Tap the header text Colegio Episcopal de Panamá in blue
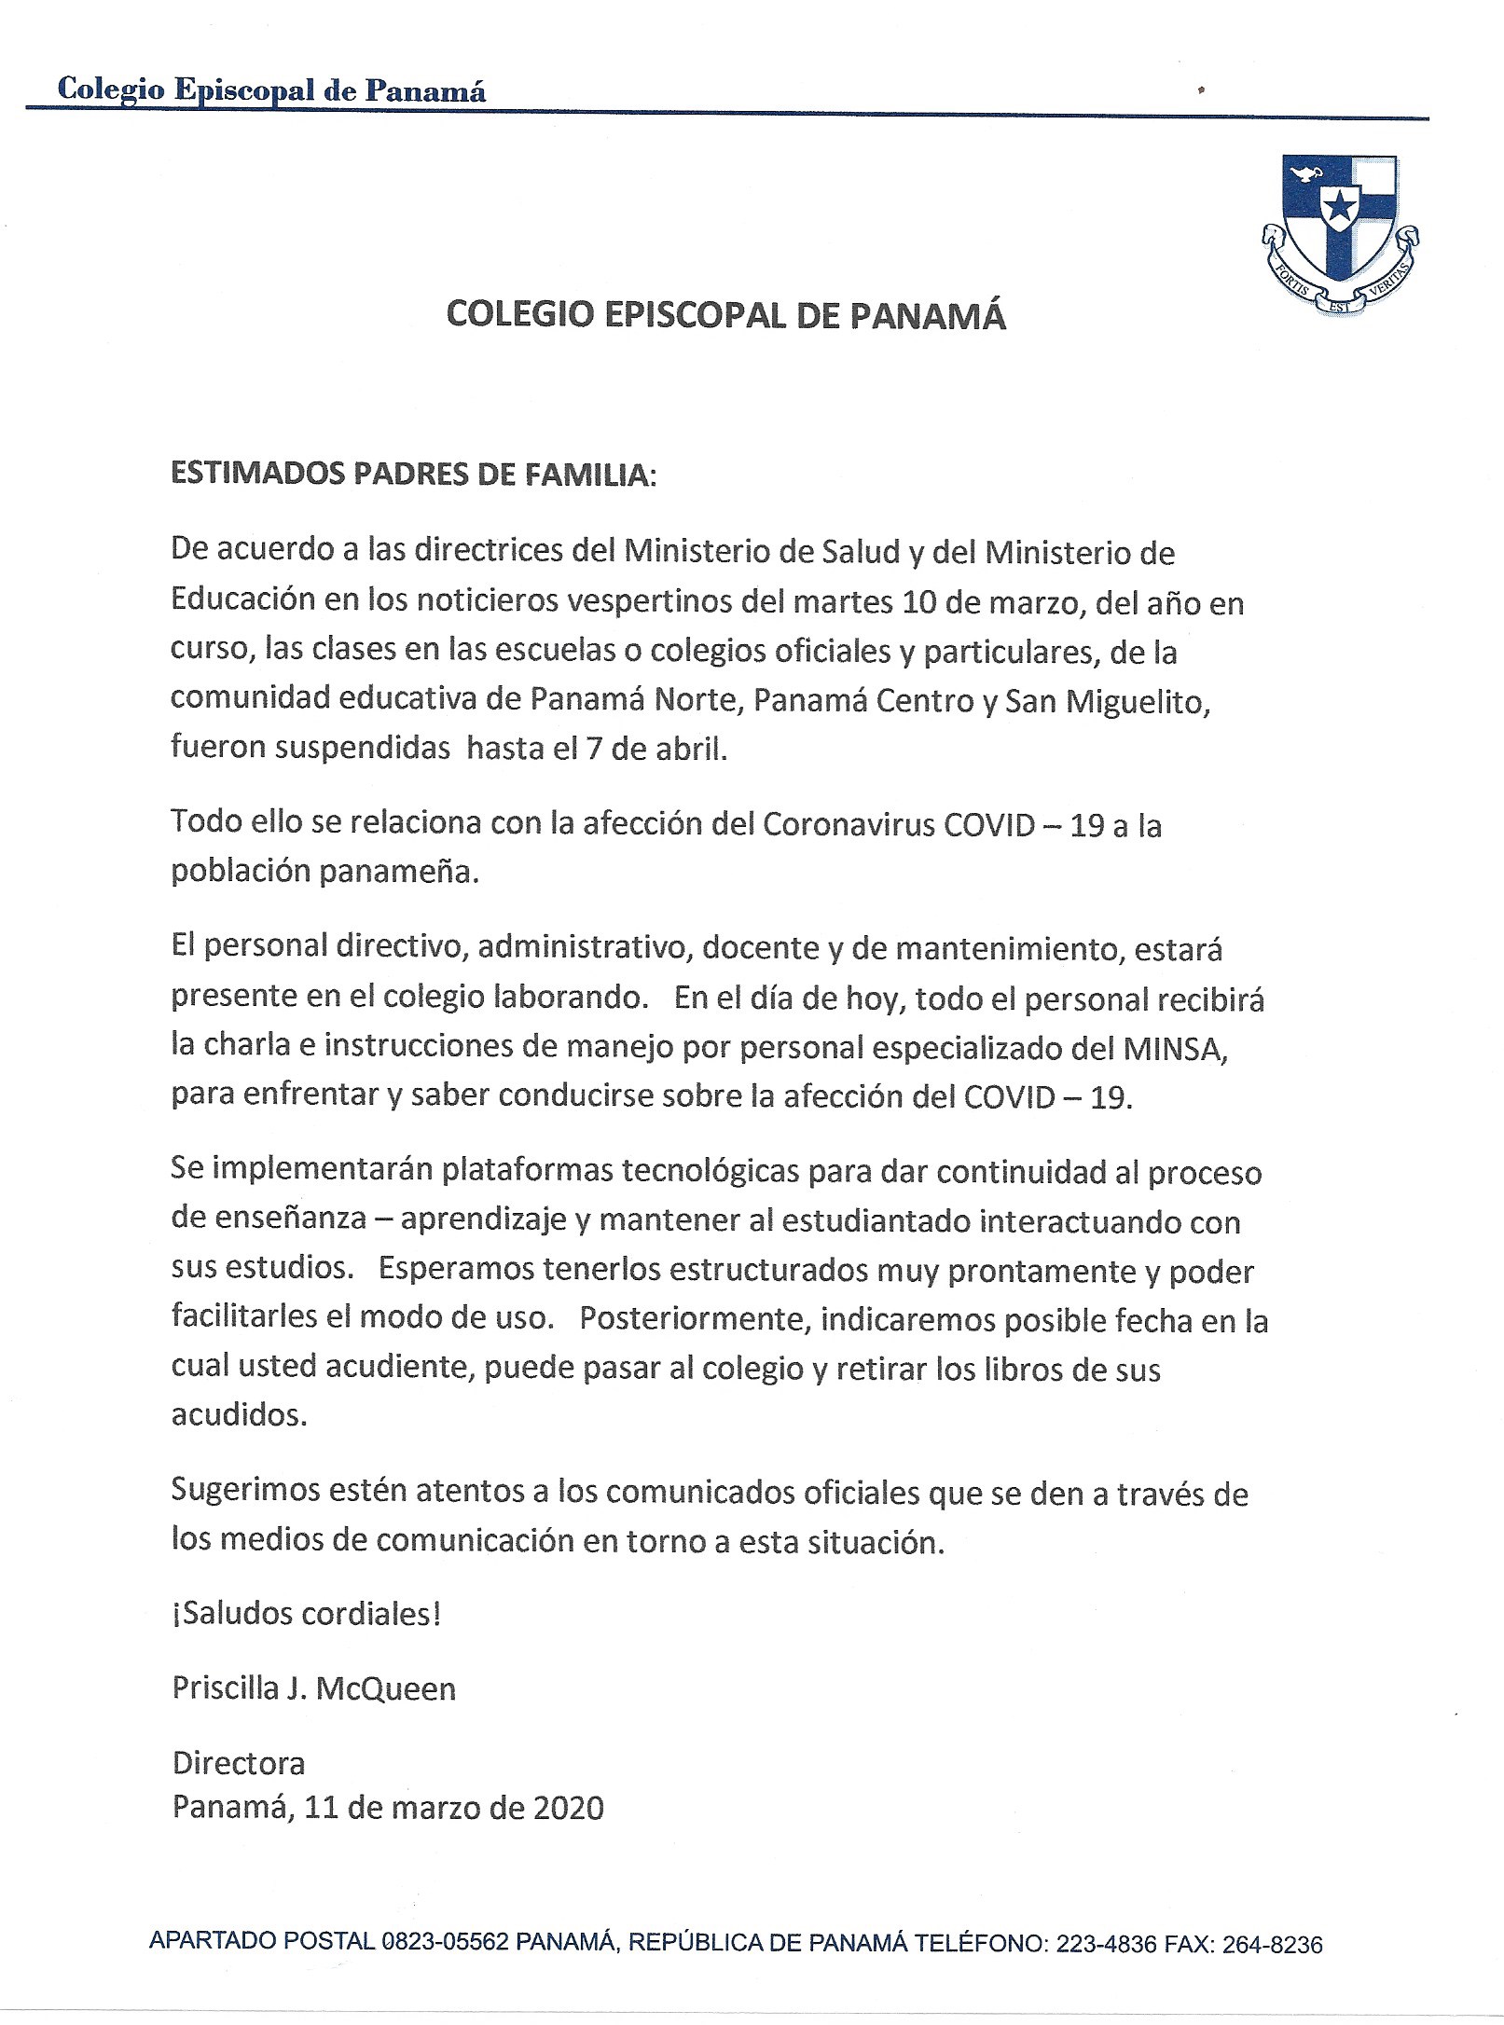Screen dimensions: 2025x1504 pyautogui.click(x=271, y=90)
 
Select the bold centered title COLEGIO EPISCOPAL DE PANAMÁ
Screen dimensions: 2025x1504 pyautogui.click(x=725, y=317)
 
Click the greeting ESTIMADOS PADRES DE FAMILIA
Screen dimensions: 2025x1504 pyautogui.click(x=413, y=475)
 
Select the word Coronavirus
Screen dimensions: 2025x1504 pyautogui.click(x=849, y=826)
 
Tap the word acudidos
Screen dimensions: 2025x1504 pyautogui.click(x=239, y=1416)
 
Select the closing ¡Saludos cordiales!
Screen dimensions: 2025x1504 pyautogui.click(x=306, y=1615)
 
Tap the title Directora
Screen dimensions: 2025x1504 pyautogui.click(x=239, y=1763)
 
